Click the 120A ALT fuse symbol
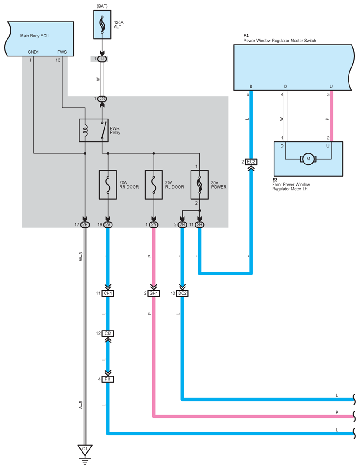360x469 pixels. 102,25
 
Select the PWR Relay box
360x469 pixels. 93,130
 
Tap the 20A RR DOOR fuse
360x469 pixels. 108,185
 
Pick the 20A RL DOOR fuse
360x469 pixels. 154,185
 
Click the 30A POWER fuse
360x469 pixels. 199,185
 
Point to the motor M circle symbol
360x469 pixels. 308,158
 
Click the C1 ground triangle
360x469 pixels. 85,450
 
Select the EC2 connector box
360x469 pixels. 251,162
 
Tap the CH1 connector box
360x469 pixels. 108,293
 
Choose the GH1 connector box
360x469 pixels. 154,293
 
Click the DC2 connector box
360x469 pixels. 182,293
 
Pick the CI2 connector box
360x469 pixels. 108,334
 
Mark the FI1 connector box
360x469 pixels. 108,379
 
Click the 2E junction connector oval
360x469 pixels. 85,224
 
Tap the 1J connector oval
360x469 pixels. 102,59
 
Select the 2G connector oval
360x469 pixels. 102,99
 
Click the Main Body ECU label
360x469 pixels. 34,36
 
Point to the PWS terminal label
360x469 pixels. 62,52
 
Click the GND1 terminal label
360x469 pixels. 34,52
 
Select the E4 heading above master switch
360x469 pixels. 246,35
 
